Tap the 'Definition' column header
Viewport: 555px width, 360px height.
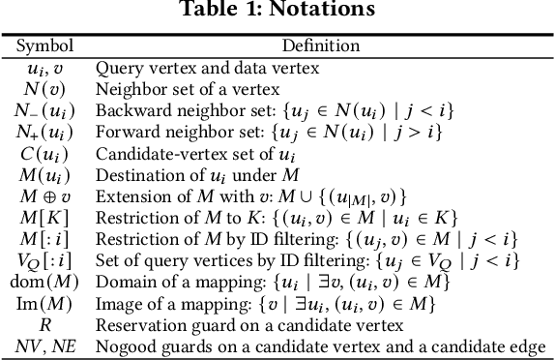(320, 45)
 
